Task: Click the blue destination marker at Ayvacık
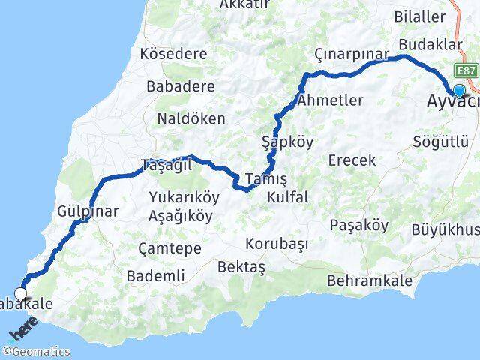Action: (459, 91)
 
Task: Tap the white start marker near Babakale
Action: (21, 294)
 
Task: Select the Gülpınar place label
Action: (87, 212)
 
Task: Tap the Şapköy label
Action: (287, 142)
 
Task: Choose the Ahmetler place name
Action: (330, 100)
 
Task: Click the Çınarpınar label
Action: (352, 55)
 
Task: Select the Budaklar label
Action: (429, 43)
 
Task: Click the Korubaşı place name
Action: (278, 244)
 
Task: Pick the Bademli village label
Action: (156, 276)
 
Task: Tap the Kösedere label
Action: (172, 54)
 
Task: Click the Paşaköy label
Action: (359, 225)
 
